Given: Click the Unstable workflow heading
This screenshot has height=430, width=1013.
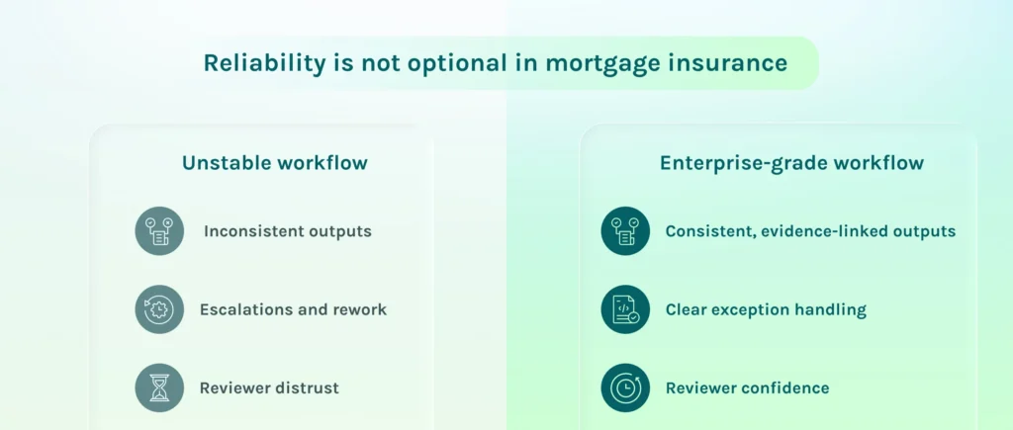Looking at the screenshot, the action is pyautogui.click(x=275, y=163).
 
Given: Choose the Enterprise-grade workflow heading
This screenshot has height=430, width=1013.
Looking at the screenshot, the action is pyautogui.click(x=791, y=163).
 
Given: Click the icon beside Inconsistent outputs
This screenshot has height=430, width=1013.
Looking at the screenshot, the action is pyautogui.click(x=159, y=231).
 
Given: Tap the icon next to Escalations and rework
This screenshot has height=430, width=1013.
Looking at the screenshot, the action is pyautogui.click(x=159, y=309).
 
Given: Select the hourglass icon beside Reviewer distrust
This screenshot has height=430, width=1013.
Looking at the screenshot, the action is pyautogui.click(x=159, y=387).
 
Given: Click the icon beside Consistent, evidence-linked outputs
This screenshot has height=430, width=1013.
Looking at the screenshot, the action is pyautogui.click(x=625, y=231).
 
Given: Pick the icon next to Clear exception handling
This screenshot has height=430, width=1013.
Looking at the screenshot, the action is pyautogui.click(x=625, y=309).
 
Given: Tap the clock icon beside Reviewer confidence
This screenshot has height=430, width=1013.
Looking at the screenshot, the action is pyautogui.click(x=625, y=387).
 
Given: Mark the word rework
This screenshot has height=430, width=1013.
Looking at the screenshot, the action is pyautogui.click(x=360, y=310).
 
